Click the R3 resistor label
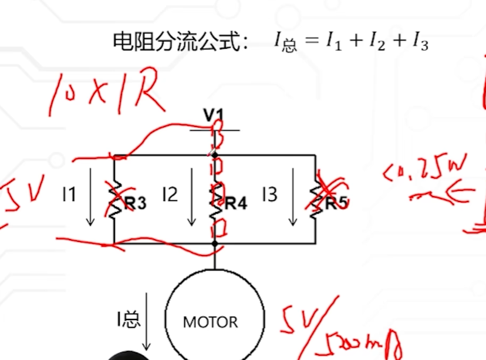(134, 203)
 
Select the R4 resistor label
(235, 203)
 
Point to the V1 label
(214, 115)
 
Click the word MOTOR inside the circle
(211, 322)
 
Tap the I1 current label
(69, 194)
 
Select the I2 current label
(170, 194)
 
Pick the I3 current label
(269, 194)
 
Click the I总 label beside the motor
(127, 319)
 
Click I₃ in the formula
(420, 42)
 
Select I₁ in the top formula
(333, 42)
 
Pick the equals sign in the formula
(312, 42)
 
